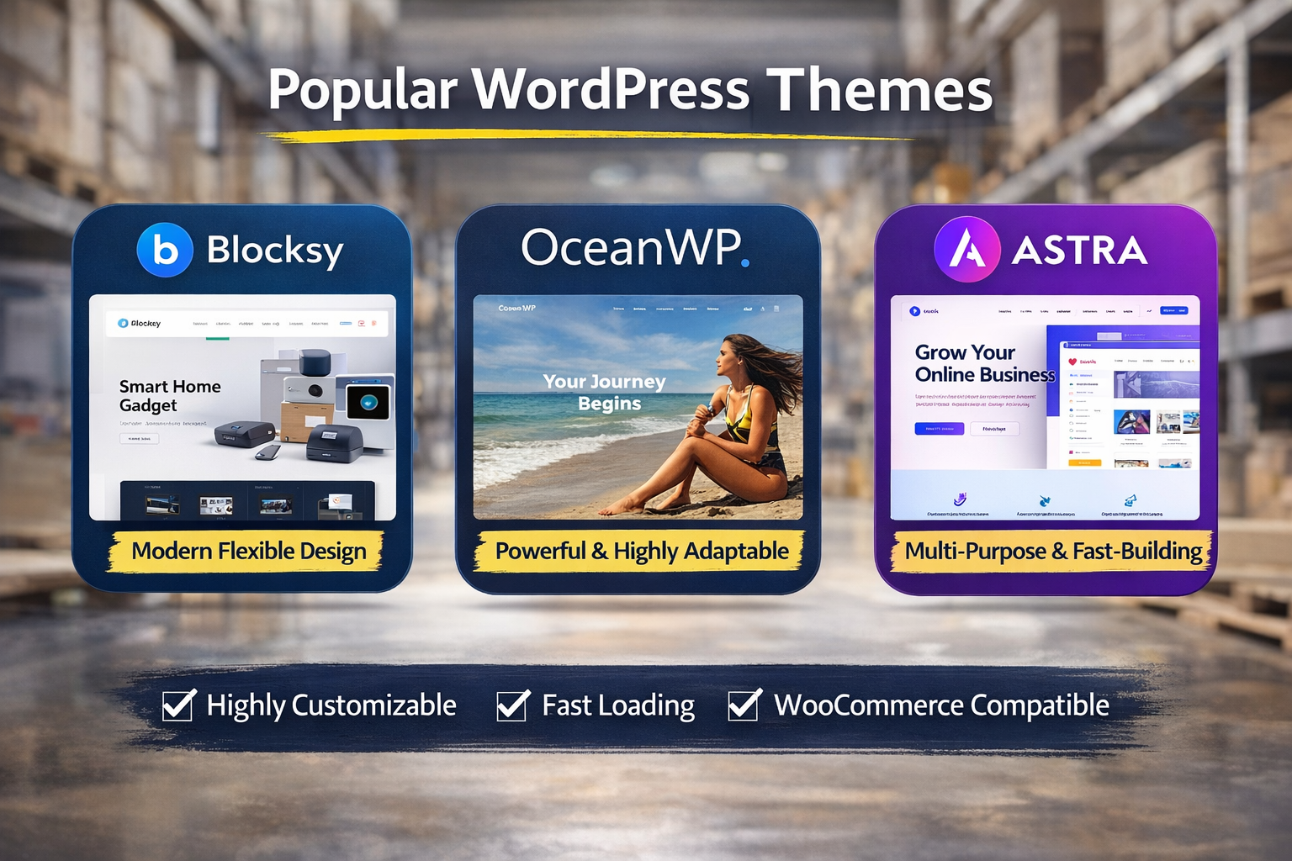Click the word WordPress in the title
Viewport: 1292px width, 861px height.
pyautogui.click(x=610, y=89)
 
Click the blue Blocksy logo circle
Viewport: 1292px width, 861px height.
pyautogui.click(x=165, y=250)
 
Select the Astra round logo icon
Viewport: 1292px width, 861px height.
pyautogui.click(x=966, y=250)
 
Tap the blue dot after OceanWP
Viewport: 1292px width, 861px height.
pyautogui.click(x=744, y=263)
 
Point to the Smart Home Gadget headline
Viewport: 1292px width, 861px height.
pyautogui.click(x=169, y=395)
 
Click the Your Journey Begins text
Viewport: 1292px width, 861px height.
pyautogui.click(x=605, y=392)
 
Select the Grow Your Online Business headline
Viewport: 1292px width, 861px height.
pyautogui.click(x=983, y=363)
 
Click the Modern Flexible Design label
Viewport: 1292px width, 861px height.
pyautogui.click(x=248, y=552)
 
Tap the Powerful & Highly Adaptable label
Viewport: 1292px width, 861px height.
pyautogui.click(x=641, y=552)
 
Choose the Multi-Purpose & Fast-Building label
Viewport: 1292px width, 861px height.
pyautogui.click(x=1053, y=552)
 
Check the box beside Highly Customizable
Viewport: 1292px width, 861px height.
pyautogui.click(x=178, y=705)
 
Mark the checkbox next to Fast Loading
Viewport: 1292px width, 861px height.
pyautogui.click(x=512, y=705)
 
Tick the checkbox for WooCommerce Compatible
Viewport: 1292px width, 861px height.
pyautogui.click(x=744, y=705)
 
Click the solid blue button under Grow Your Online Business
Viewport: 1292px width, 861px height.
pyautogui.click(x=939, y=429)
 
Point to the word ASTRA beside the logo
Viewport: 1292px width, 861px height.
pyautogui.click(x=1079, y=250)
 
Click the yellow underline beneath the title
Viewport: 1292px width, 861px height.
pyautogui.click(x=589, y=135)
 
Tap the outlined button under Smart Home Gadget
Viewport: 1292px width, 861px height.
pyautogui.click(x=139, y=438)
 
